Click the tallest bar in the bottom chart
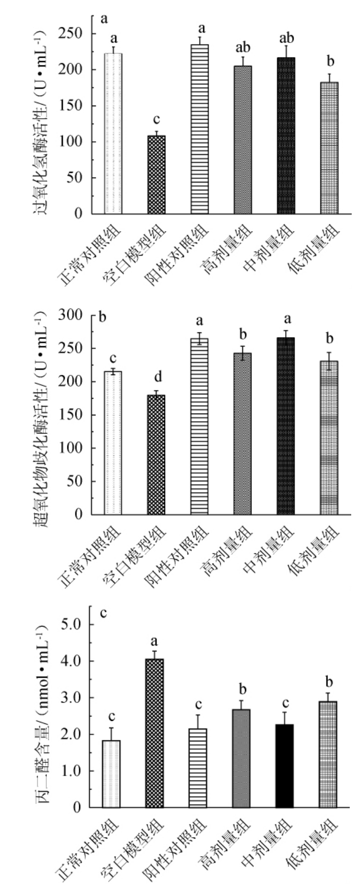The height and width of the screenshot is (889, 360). (x=154, y=733)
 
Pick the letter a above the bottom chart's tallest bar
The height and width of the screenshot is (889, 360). (x=154, y=641)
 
